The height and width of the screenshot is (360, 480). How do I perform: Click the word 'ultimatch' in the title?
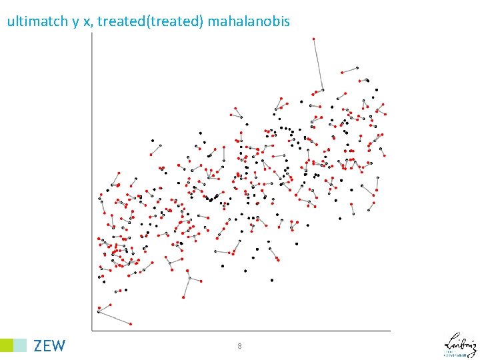37,21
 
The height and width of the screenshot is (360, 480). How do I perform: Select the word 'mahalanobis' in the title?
249,21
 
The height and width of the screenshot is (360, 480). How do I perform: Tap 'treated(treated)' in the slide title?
153,21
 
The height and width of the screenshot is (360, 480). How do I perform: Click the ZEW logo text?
49,345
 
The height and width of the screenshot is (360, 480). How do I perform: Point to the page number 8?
239,346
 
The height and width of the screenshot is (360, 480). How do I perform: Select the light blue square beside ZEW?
21,345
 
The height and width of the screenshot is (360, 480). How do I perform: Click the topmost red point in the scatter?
313,39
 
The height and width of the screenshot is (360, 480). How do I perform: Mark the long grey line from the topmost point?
318,64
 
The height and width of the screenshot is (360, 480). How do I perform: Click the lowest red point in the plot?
131,324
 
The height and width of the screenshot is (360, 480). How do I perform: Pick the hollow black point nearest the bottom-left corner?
99,311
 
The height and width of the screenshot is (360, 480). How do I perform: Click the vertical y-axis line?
92,180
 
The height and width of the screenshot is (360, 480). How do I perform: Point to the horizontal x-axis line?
240,330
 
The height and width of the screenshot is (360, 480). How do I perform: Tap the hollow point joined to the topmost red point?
323,89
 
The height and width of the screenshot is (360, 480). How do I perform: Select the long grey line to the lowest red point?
115,317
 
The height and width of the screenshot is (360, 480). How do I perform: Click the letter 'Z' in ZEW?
38,345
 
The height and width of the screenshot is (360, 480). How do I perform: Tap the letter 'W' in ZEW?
59,345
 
